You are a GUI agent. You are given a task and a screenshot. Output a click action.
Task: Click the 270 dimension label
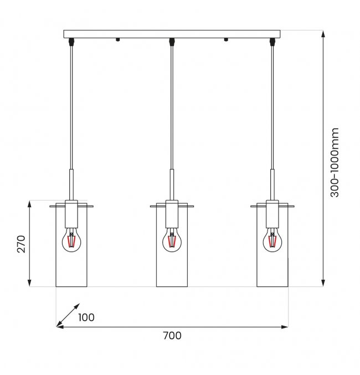coord(22,244)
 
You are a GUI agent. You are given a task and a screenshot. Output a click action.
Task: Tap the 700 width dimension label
coord(172,336)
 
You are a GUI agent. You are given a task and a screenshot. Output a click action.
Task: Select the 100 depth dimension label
coord(86,317)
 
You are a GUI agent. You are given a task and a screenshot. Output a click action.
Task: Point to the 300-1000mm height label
coord(335,162)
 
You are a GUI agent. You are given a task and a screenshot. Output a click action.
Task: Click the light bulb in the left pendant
coord(71,240)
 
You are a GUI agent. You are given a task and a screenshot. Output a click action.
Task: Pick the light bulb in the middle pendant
coord(172,240)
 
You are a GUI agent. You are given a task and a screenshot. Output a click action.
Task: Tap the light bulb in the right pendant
coord(272,240)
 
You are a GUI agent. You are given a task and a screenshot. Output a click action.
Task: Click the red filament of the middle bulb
coord(172,242)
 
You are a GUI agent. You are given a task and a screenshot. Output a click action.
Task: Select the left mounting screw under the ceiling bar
coord(117,39)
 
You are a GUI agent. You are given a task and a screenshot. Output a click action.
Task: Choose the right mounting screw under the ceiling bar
coord(225,39)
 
